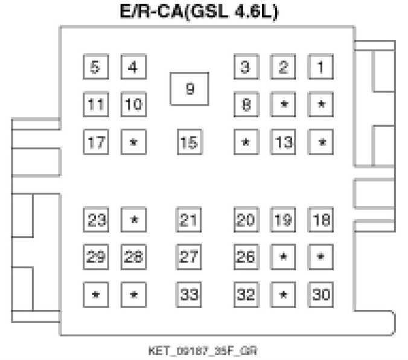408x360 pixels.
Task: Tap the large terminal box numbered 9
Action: (190, 89)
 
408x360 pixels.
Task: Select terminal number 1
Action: (321, 67)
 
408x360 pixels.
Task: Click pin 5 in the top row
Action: (95, 67)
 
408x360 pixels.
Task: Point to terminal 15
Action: (190, 143)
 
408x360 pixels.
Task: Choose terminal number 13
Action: (283, 143)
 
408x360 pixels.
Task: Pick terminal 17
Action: (95, 143)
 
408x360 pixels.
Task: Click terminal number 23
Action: (95, 220)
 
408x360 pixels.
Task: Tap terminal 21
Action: (190, 220)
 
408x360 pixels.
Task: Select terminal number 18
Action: (321, 220)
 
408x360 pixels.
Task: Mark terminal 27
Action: (190, 257)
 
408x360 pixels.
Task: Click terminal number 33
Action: (190, 295)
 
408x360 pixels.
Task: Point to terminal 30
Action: (321, 295)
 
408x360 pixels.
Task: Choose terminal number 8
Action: (246, 104)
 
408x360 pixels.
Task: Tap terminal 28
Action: (133, 257)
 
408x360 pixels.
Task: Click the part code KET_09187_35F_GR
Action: (203, 350)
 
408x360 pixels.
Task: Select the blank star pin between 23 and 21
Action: (133, 220)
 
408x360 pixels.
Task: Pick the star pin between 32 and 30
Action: (283, 295)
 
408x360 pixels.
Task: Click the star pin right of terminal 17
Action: (133, 143)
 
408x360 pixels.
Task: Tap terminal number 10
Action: (133, 104)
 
